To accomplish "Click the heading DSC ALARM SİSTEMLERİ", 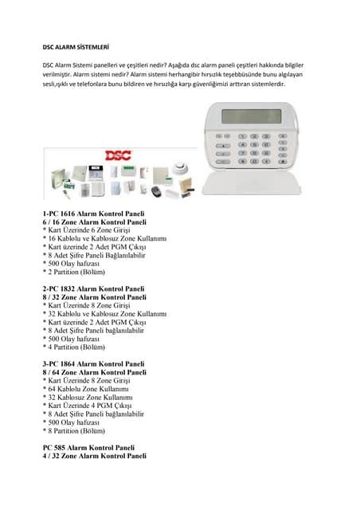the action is tap(76, 47).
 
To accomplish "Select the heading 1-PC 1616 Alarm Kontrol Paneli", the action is tap(94, 215).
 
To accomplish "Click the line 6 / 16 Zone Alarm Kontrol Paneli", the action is tap(94, 223).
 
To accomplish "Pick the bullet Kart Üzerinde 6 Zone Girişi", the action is tap(87, 231).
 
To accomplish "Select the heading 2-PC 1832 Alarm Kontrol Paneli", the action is tap(94, 288).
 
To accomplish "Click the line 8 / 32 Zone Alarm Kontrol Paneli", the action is tap(94, 297).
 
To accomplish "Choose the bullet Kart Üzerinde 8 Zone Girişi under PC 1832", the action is tap(87, 305).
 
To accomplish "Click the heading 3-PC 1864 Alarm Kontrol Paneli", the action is tap(94, 363).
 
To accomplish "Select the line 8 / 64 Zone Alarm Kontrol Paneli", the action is tap(94, 372).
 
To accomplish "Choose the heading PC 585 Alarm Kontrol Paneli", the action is tap(88, 448).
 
